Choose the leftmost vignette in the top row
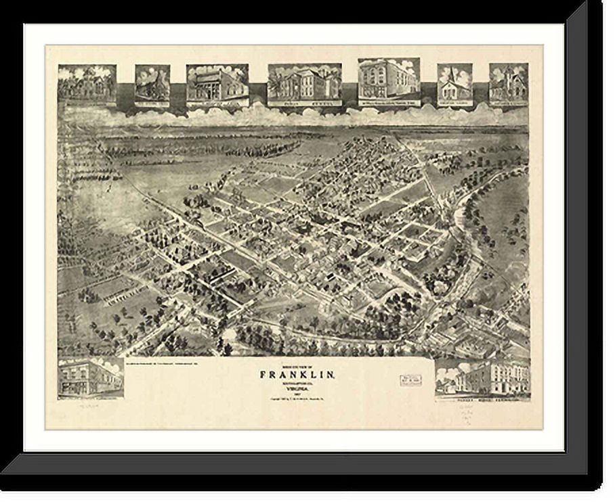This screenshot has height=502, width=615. click(87, 84)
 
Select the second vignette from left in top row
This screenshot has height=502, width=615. click(152, 85)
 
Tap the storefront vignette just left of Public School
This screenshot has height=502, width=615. click(217, 85)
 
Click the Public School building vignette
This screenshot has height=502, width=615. click(304, 84)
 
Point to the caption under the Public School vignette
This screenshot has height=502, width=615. click(304, 104)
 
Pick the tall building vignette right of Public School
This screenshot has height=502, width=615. click(388, 81)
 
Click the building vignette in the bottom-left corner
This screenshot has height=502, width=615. click(90, 378)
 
